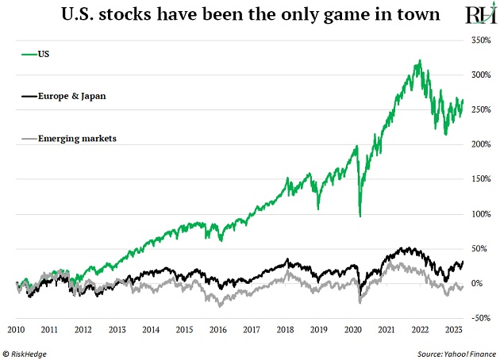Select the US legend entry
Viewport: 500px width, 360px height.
click(44, 54)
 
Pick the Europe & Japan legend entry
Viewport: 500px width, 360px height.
click(64, 96)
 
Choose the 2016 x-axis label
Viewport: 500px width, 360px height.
click(217, 329)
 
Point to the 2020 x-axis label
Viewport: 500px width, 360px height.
click(352, 329)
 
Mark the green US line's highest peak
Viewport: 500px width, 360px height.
click(418, 60)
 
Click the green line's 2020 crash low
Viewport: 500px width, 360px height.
click(360, 216)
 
